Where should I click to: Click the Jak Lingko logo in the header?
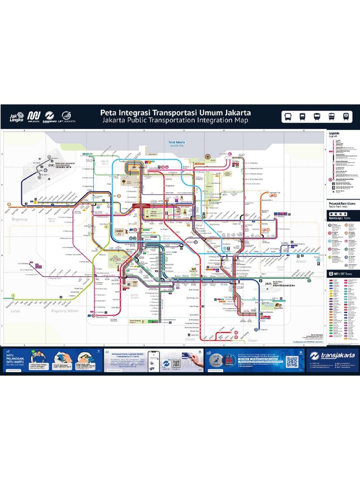click(16, 117)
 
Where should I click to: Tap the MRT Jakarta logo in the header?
click(33, 117)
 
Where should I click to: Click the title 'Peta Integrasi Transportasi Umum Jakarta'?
click(176, 113)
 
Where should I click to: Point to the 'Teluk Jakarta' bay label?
click(177, 142)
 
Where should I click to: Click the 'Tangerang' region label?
click(19, 219)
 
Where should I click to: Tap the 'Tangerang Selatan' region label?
click(66, 311)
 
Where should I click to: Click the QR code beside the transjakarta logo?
click(292, 361)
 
